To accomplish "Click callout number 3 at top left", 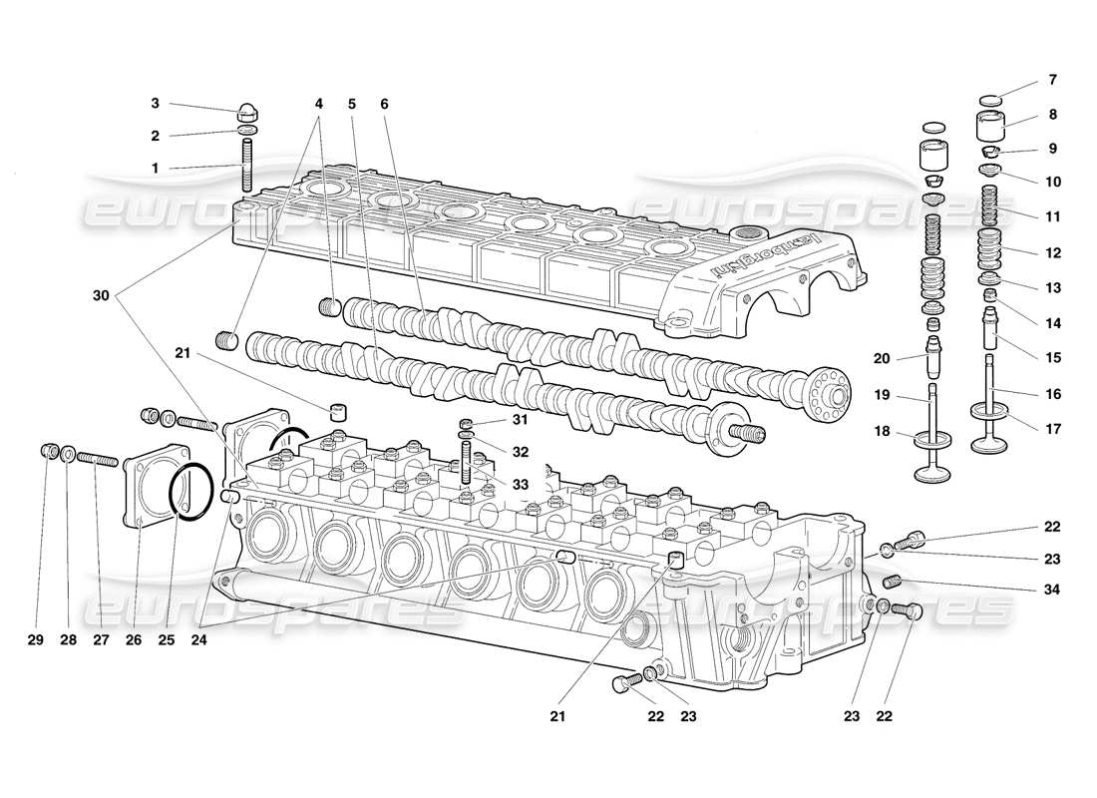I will [155, 103].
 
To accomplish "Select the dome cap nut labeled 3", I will [249, 110].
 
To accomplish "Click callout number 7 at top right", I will [1025, 80].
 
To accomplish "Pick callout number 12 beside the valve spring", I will [1025, 253].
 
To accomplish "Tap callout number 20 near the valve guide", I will [880, 358].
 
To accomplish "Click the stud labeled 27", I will [99, 459].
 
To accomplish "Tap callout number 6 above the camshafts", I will [384, 104].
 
